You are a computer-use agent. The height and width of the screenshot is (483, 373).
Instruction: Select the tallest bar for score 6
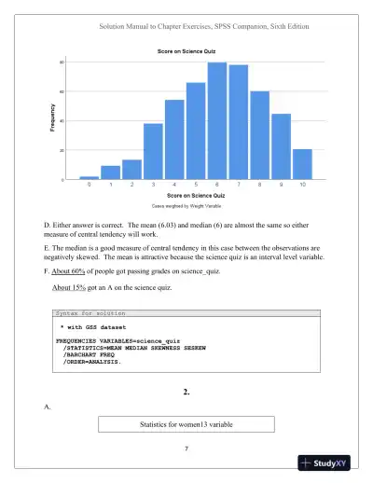[x=217, y=121]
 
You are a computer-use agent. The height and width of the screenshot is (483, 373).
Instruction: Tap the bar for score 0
[x=89, y=177]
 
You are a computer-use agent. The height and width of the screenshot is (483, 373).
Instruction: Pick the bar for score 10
[x=302, y=164]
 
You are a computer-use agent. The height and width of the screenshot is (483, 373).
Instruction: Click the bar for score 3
[x=153, y=151]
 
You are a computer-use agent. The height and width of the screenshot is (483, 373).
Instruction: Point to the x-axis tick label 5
[x=196, y=186]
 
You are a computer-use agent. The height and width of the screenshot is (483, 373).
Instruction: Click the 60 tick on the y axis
[x=62, y=91]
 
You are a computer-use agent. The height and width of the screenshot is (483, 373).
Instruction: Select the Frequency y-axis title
[x=52, y=121]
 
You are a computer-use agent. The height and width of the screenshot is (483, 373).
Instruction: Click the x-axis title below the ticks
[x=196, y=195]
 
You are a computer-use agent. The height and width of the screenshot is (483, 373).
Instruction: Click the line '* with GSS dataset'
[x=94, y=330]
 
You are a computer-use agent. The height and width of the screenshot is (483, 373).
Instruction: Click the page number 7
[x=186, y=450]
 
